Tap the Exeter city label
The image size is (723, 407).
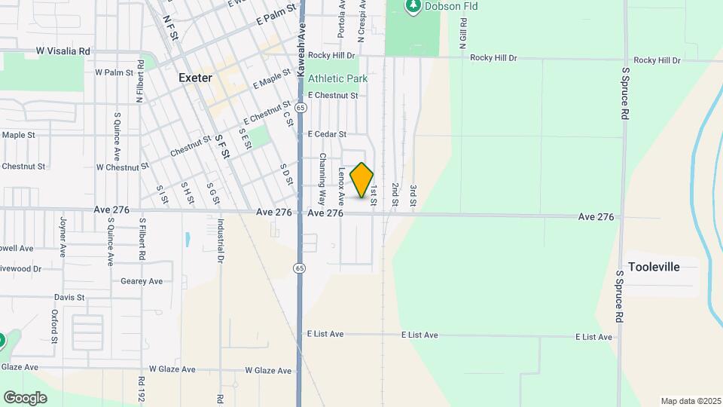195,78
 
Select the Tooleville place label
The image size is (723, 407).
654,267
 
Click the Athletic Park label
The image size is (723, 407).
337,78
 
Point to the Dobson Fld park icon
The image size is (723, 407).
413,7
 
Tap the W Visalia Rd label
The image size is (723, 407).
63,51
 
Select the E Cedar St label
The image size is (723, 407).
327,134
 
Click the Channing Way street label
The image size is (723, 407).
322,179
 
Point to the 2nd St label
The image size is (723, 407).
395,194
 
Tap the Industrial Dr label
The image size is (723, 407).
221,240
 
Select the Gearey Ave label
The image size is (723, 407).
142,281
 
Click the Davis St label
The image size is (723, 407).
69,298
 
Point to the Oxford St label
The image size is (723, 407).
54,326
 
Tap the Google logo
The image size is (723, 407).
25,397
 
